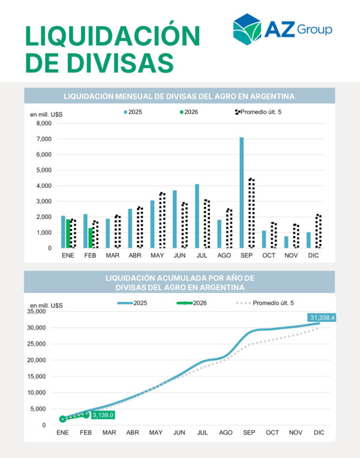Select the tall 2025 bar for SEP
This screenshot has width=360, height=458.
tap(242, 192)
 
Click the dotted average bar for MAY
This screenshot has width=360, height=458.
tap(162, 220)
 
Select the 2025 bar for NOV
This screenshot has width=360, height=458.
tap(286, 242)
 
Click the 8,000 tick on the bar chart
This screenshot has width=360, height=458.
tap(44, 124)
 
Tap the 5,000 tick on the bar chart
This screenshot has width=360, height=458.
tap(44, 170)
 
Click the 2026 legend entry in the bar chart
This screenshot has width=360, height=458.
tap(189, 112)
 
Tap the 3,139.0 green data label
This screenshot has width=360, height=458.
tap(103, 414)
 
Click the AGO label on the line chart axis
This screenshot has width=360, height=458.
tap(226, 432)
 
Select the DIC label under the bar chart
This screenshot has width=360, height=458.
tap(313, 256)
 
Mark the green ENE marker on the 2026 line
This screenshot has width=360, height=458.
tap(62, 419)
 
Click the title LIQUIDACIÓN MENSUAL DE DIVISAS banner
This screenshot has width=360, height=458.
tap(179, 96)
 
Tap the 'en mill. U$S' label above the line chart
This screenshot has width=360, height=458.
tap(46, 306)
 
